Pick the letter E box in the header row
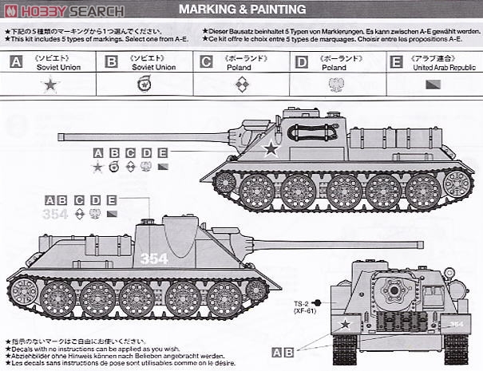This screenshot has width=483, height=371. click(x=395, y=61)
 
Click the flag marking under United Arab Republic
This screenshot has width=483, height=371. click(x=434, y=83)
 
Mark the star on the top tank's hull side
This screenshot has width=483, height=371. click(x=271, y=147)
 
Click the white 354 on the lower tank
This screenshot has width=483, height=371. click(x=155, y=259)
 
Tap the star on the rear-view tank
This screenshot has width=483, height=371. click(x=345, y=324)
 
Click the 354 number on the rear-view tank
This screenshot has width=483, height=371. click(x=456, y=324)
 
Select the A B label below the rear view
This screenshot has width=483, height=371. click(x=282, y=352)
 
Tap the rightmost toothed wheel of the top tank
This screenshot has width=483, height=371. click(x=457, y=184)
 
